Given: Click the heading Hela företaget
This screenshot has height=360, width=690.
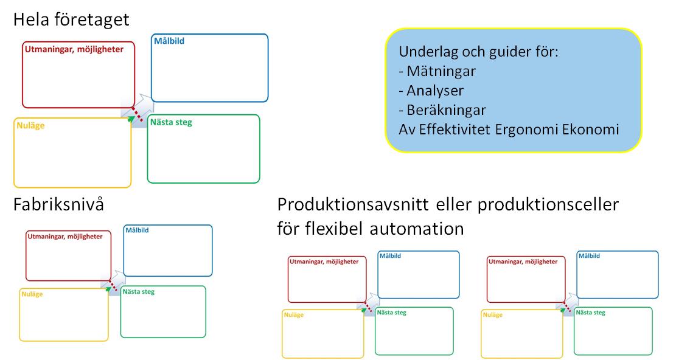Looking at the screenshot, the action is pyautogui.click(x=71, y=20).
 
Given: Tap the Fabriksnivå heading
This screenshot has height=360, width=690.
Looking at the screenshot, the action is pyautogui.click(x=58, y=205).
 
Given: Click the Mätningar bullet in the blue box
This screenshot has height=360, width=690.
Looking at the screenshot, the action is pyautogui.click(x=437, y=71).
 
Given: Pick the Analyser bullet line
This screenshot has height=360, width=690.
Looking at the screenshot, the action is pyautogui.click(x=431, y=91).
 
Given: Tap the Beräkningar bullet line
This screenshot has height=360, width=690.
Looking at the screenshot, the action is pyautogui.click(x=442, y=110).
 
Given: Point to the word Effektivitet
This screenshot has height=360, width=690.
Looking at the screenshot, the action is pyautogui.click(x=455, y=130).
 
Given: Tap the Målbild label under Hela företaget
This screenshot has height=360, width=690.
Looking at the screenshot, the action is pyautogui.click(x=169, y=41).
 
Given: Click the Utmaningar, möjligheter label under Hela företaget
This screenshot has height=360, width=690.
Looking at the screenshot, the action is pyautogui.click(x=74, y=49).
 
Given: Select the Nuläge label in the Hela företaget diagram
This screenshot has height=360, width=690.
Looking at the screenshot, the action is pyautogui.click(x=30, y=126).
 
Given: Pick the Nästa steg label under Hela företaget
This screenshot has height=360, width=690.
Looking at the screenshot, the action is pyautogui.click(x=171, y=122).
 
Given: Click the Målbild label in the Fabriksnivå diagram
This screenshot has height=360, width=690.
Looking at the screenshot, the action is pyautogui.click(x=137, y=230).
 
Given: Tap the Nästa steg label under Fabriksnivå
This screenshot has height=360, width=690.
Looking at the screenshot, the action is pyautogui.click(x=139, y=291).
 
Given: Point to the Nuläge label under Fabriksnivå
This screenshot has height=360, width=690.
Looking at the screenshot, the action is pyautogui.click(x=32, y=294).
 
